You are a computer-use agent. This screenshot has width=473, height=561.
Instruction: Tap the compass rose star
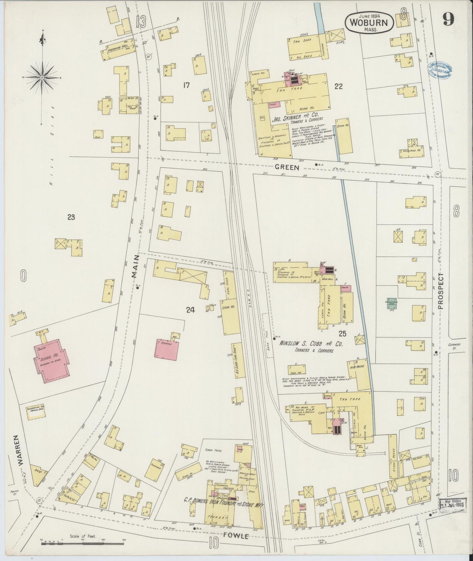coord(42,78)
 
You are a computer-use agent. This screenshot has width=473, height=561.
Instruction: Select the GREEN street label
coord(287,167)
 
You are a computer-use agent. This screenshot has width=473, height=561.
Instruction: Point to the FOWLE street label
coord(237,536)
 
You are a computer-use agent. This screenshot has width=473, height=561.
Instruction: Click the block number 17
coord(186,86)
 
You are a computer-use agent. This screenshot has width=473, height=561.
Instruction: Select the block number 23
coord(71,217)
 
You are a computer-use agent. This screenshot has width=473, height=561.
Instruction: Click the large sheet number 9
coord(448,21)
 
